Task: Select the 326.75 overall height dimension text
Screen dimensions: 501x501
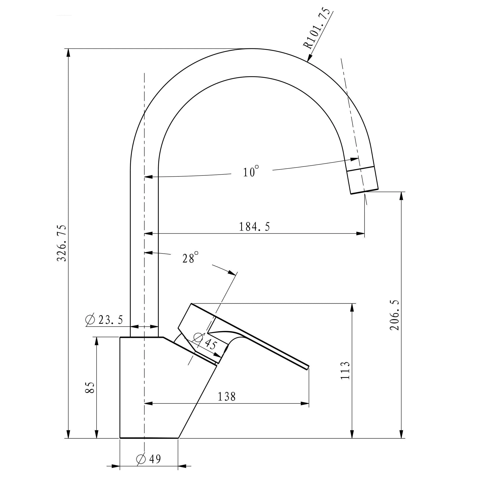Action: coord(62,243)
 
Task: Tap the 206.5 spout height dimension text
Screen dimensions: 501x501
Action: coord(395,315)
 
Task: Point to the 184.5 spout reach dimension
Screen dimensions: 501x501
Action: coord(254,227)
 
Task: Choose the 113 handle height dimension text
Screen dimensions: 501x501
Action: coord(345,371)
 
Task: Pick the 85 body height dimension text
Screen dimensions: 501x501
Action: coord(90,387)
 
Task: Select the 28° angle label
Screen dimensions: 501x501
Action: coord(190,258)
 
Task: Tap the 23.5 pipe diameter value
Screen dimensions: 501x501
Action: coord(111,320)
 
